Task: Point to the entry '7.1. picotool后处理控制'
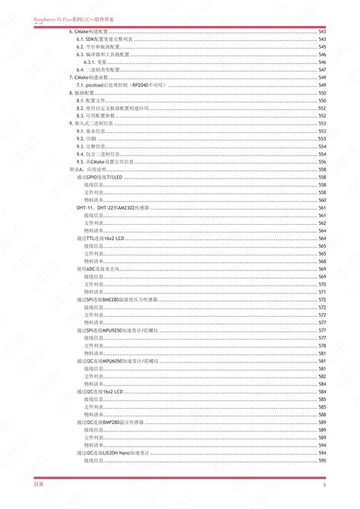(115, 85)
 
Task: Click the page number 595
(322, 460)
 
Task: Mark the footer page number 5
(324, 484)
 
